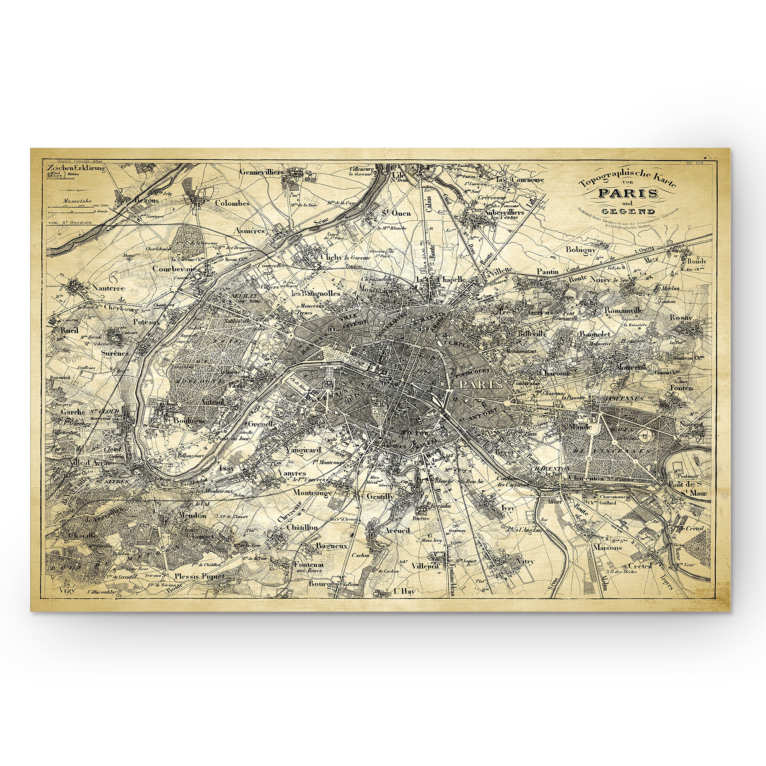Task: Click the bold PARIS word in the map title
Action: point(628,193)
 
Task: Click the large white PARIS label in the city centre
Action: point(481,384)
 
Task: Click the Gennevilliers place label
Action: point(262,172)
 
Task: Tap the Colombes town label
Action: point(232,203)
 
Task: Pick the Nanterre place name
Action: point(109,288)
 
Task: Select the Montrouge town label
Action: point(313,493)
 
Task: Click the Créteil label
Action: point(640,566)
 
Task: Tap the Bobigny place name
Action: point(581,250)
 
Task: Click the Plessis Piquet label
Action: point(200,576)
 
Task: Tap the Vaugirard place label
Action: point(303,450)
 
